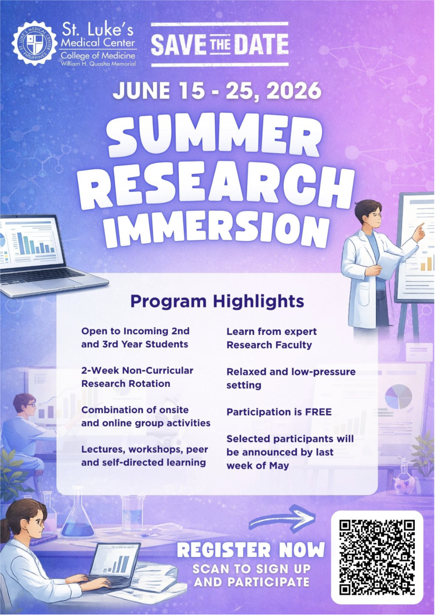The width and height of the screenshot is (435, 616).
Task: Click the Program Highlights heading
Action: [x=217, y=301]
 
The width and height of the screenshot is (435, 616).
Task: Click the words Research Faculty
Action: [x=269, y=345]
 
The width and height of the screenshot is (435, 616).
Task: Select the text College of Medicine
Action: [x=98, y=56]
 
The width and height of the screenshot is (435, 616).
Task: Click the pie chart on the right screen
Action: [x=398, y=396]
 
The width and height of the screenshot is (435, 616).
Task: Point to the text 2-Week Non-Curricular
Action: [x=137, y=371]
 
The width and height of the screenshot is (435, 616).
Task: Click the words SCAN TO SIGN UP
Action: [x=252, y=569]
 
